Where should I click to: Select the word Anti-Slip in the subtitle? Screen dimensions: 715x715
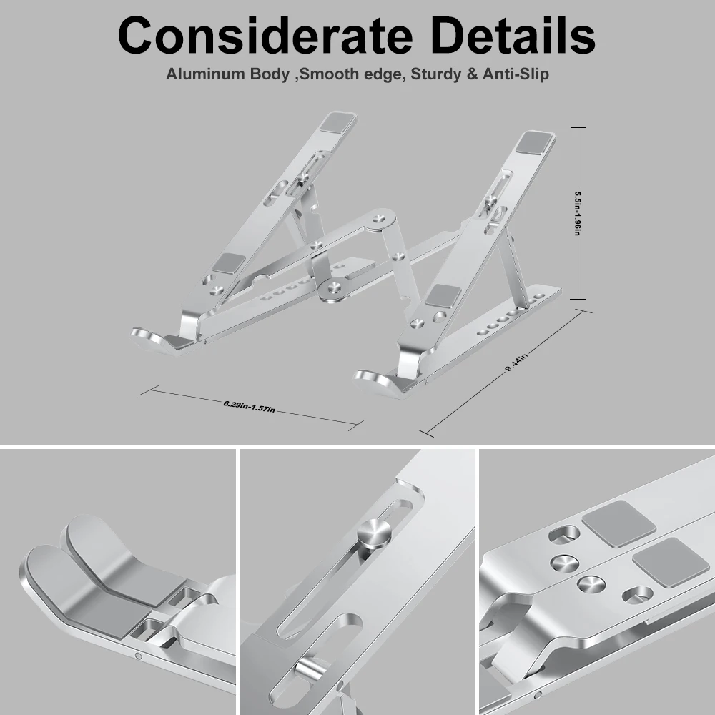(515, 74)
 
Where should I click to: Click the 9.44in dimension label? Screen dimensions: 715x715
(516, 360)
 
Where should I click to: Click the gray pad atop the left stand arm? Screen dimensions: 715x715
(339, 122)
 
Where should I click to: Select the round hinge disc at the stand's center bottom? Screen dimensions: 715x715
(332, 289)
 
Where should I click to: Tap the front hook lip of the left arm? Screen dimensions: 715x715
(150, 336)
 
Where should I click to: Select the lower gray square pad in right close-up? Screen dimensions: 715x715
(660, 561)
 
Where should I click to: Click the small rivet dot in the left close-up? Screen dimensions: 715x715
(138, 656)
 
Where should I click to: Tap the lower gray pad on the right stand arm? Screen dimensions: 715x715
(443, 295)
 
